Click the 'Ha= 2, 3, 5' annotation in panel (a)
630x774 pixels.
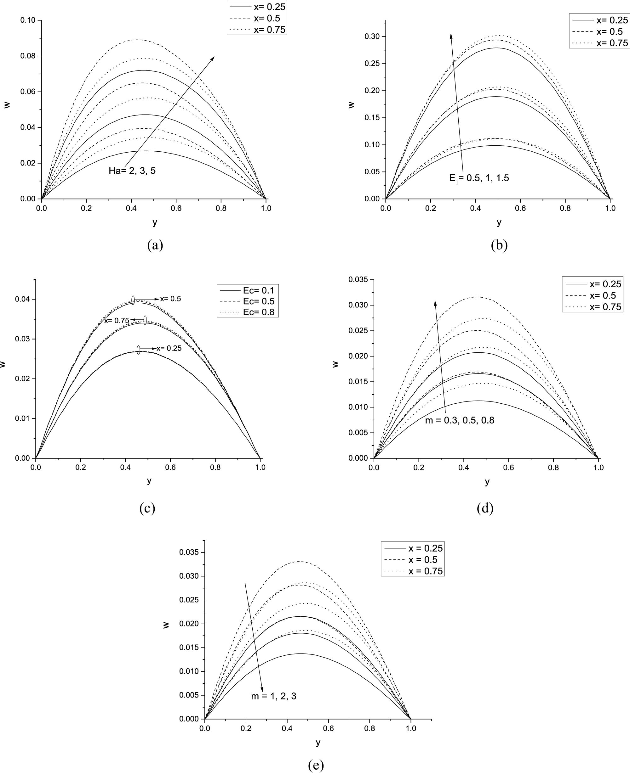(x=132, y=171)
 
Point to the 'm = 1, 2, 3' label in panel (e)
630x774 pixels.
(x=274, y=696)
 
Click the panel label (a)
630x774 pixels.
(x=155, y=245)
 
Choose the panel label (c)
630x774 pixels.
(x=147, y=508)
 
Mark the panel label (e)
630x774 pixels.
(x=315, y=765)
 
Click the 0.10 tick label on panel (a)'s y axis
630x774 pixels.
(x=28, y=20)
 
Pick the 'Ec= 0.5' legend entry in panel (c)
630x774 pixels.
(x=259, y=301)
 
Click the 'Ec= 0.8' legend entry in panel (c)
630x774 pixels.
(x=259, y=312)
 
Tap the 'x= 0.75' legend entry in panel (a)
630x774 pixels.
(x=269, y=30)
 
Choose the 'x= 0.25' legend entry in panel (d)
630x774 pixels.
(x=605, y=284)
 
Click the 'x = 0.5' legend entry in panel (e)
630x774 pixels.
(x=423, y=560)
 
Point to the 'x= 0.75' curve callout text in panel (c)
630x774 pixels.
(x=117, y=321)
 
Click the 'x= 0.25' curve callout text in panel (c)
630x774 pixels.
(x=169, y=348)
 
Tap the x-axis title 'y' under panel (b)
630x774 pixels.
(x=499, y=222)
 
